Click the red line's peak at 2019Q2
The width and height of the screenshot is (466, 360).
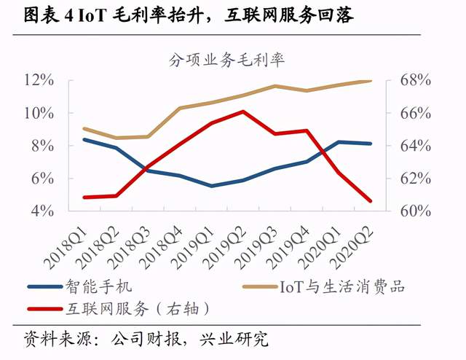coord(243,111)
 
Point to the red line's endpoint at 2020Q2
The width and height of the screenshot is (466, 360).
coord(371,201)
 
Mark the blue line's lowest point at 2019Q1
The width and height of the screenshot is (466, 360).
coord(212,186)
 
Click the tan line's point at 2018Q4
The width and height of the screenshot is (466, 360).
coord(180,108)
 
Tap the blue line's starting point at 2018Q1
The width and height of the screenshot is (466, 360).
coord(84,139)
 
